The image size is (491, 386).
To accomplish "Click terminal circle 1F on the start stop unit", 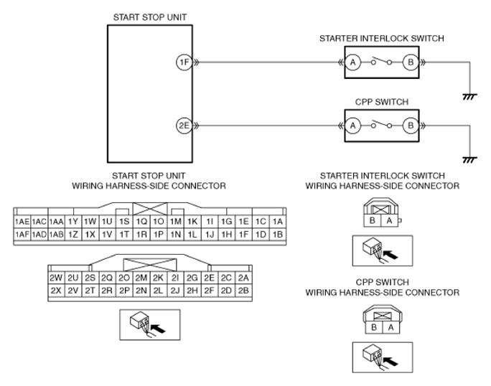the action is [184, 62].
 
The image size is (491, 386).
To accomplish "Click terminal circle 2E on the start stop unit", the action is [184, 126].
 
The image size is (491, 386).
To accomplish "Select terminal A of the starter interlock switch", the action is [353, 62].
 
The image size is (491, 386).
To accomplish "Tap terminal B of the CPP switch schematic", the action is [411, 126].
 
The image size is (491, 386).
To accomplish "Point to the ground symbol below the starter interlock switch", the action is [469, 97].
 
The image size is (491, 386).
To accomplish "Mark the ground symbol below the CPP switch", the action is [469, 160].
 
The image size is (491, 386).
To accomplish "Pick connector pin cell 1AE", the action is [22, 222].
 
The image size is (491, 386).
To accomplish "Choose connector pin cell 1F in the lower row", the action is [243, 235].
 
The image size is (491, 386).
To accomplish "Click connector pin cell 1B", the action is [278, 235].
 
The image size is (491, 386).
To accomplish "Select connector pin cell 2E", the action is [209, 278].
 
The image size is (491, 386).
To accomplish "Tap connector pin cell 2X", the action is [56, 291].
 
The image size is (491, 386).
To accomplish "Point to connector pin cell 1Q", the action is [141, 222].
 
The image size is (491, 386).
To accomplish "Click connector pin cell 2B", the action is [243, 291].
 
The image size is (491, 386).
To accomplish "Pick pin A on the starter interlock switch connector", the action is [389, 220].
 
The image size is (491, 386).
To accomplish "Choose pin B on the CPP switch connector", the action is [374, 327].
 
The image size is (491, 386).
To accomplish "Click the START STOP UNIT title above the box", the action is [150, 17].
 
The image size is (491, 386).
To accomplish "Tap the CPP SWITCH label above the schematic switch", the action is [382, 102].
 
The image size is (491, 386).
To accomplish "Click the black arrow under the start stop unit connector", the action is [158, 329].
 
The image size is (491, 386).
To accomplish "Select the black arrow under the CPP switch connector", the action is [391, 362].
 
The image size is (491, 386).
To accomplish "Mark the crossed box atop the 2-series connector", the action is [150, 265].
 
